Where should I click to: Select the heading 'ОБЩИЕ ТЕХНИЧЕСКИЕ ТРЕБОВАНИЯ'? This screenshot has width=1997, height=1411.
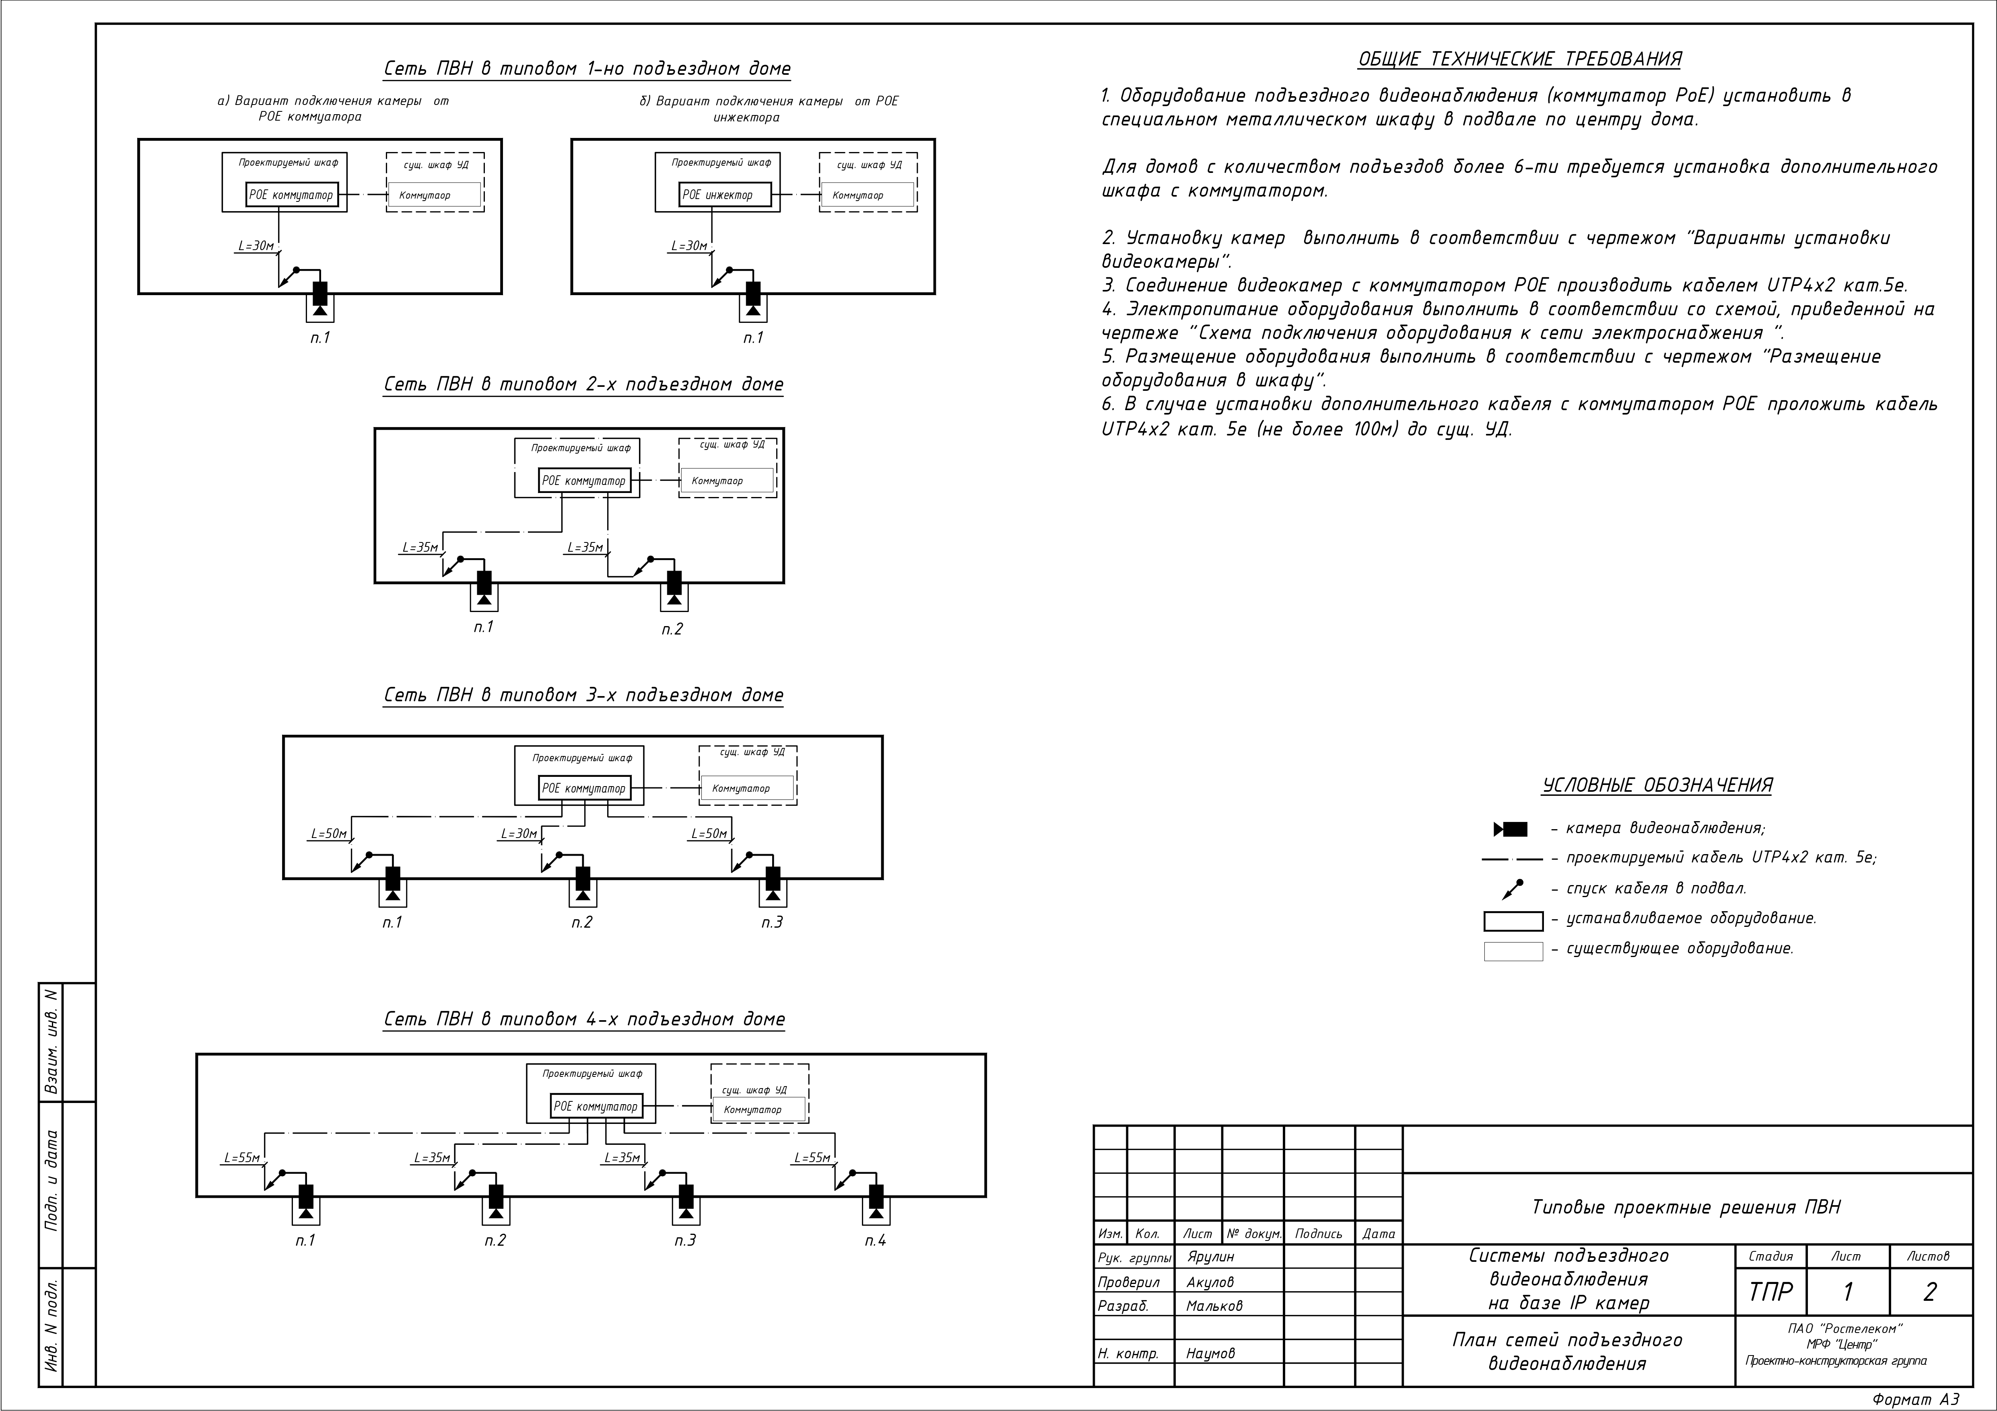click(x=1519, y=59)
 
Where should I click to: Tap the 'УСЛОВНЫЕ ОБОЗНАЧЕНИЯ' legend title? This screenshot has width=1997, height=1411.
click(x=1657, y=785)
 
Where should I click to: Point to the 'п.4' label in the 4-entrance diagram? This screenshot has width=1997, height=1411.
click(x=875, y=1241)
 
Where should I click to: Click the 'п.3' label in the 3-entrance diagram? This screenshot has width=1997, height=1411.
click(x=772, y=922)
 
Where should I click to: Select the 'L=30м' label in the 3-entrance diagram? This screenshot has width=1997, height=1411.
click(x=519, y=834)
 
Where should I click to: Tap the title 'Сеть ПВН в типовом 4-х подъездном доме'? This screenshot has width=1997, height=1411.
click(x=585, y=1019)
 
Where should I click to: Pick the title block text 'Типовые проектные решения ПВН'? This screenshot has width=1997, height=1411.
click(x=1686, y=1208)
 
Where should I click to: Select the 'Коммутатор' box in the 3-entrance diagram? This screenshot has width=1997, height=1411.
click(x=748, y=789)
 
